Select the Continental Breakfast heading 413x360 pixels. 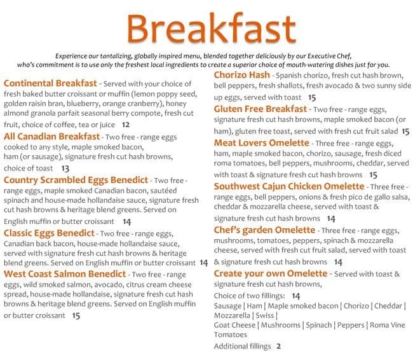50,83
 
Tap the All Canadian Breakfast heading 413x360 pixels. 51,136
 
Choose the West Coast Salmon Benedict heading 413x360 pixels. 65,273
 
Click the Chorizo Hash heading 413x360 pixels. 241,75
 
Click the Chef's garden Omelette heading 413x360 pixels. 265,230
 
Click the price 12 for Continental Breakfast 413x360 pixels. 126,125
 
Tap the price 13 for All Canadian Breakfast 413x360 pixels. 65,169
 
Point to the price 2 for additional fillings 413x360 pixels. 278,347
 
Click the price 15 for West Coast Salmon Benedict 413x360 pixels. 76,315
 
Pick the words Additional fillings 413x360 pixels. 242,347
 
